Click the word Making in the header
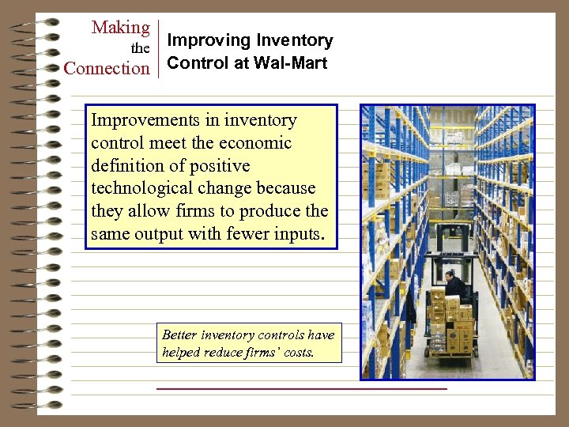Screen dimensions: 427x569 click(121, 28)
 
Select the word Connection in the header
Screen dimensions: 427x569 click(107, 68)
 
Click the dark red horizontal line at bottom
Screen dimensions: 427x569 click(301, 389)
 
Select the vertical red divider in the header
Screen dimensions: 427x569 click(159, 49)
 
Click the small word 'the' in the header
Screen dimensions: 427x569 click(140, 49)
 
